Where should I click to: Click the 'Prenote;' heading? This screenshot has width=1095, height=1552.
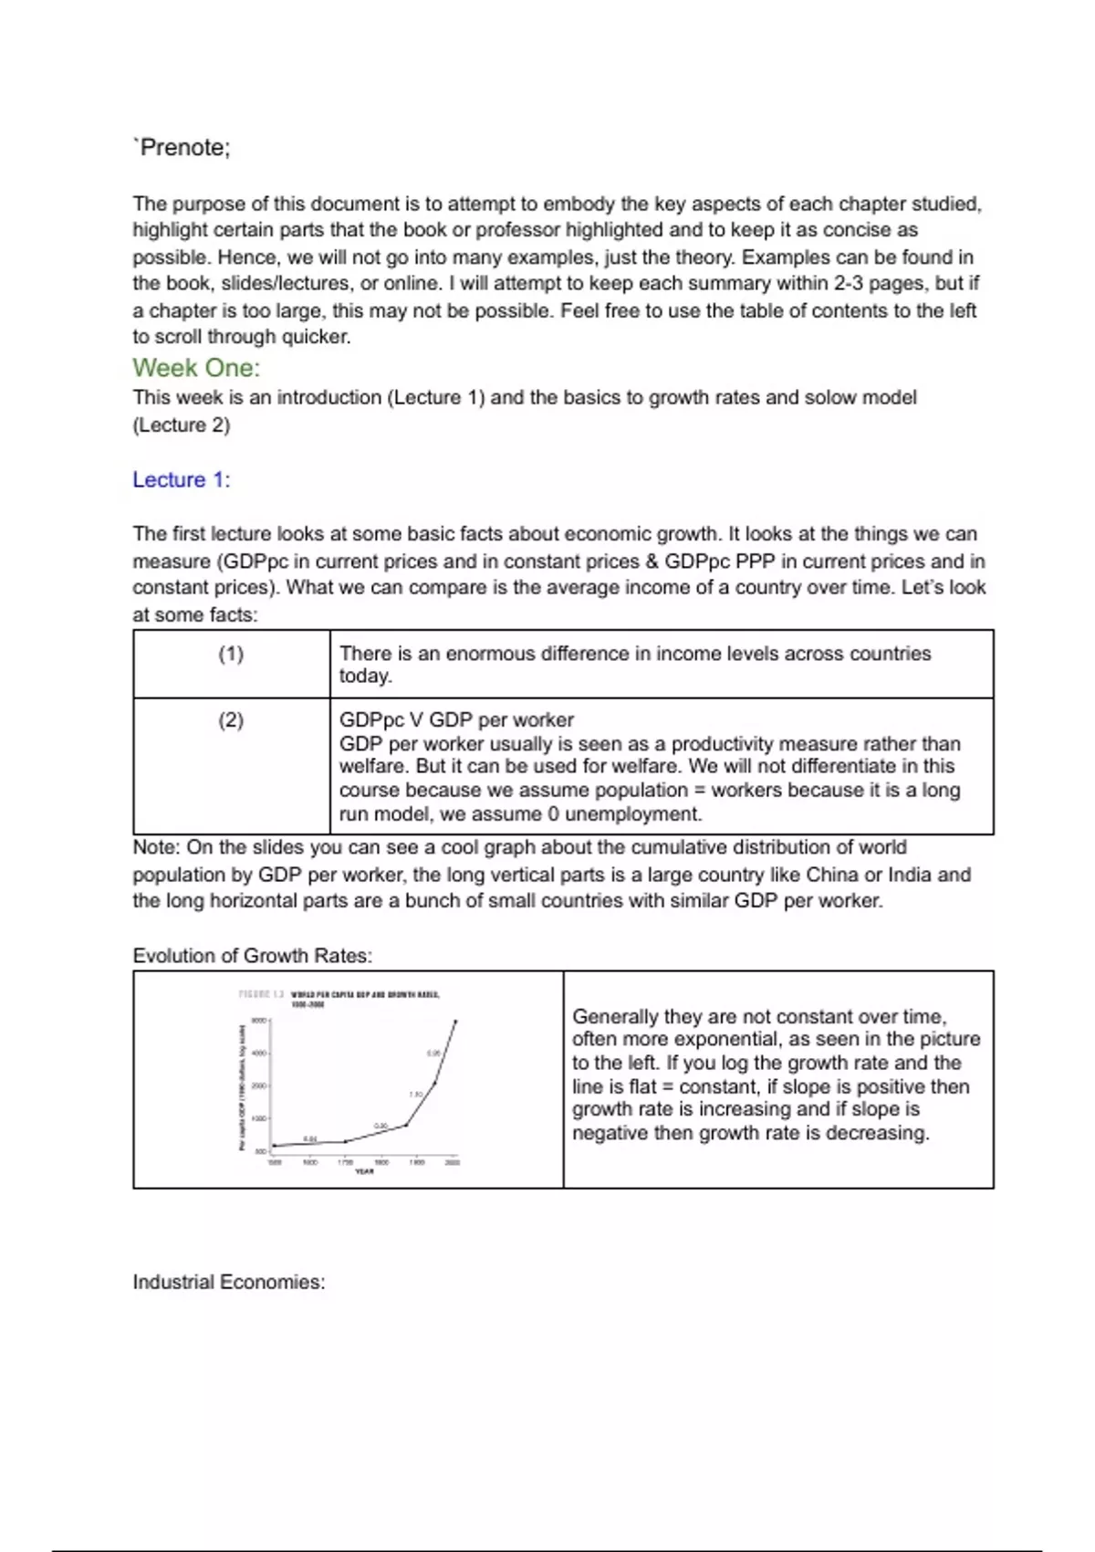pos(182,148)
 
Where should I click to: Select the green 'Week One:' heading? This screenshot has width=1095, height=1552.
pos(196,368)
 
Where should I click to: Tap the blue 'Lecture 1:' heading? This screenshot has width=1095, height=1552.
pos(182,480)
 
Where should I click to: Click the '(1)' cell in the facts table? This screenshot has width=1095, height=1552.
pos(231,654)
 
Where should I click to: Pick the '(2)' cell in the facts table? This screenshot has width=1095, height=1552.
pos(231,720)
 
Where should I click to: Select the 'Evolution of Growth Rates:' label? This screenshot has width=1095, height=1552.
pos(253,956)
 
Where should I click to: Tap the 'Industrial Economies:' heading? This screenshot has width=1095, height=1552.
pos(229,1282)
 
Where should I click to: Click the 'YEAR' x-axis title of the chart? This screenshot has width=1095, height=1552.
pos(364,1171)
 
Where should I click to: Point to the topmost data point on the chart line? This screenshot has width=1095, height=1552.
pos(455,1022)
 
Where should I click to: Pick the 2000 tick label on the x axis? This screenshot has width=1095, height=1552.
pos(453,1162)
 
